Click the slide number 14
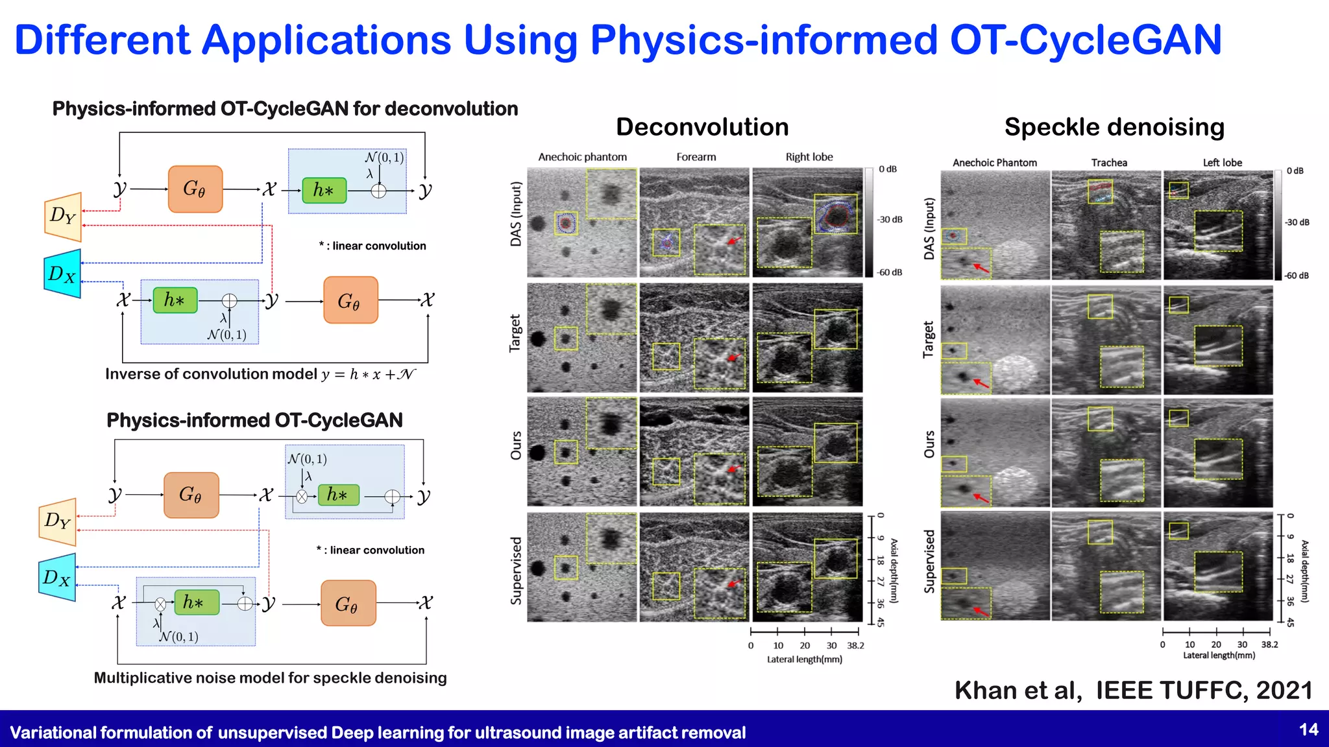pyautogui.click(x=1308, y=730)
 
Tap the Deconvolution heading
pyautogui.click(x=702, y=127)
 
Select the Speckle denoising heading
pyautogui.click(x=1114, y=127)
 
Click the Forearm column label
pyautogui.click(x=696, y=157)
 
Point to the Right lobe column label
pyautogui.click(x=809, y=157)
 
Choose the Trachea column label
pyautogui.click(x=1109, y=163)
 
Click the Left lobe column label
pyautogui.click(x=1223, y=163)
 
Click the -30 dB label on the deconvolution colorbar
pyautogui.click(x=890, y=220)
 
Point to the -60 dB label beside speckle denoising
pyautogui.click(x=1297, y=276)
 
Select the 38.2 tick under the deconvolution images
pyautogui.click(x=856, y=646)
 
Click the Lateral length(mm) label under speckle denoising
pyautogui.click(x=1219, y=656)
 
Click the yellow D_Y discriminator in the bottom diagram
pyautogui.click(x=58, y=521)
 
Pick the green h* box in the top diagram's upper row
pyautogui.click(x=324, y=190)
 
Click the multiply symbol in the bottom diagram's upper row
pyautogui.click(x=302, y=497)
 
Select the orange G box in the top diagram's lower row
pyautogui.click(x=350, y=300)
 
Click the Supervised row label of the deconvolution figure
pyautogui.click(x=517, y=571)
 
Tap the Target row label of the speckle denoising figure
pyautogui.click(x=929, y=340)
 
